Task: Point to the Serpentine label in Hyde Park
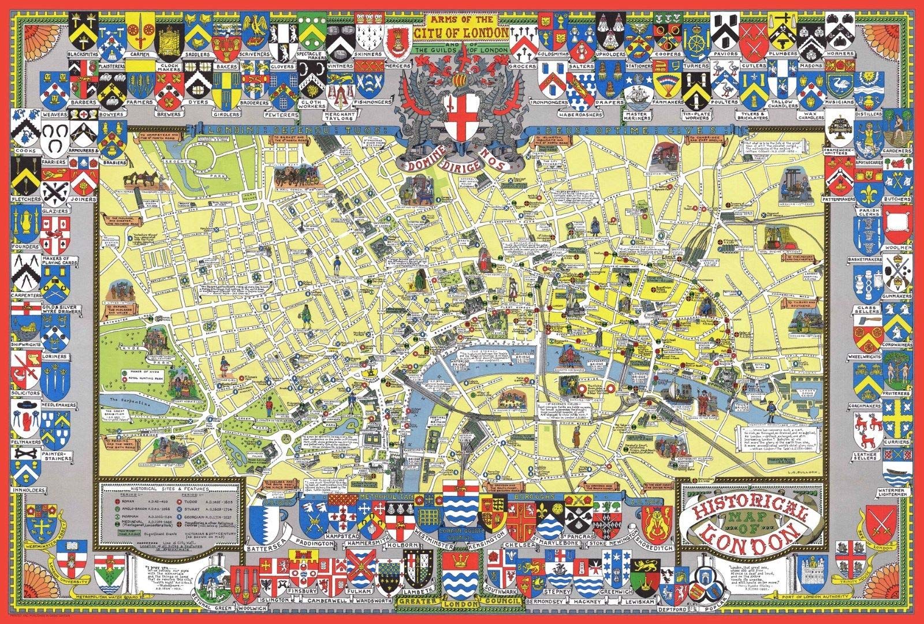tap(122, 399)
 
